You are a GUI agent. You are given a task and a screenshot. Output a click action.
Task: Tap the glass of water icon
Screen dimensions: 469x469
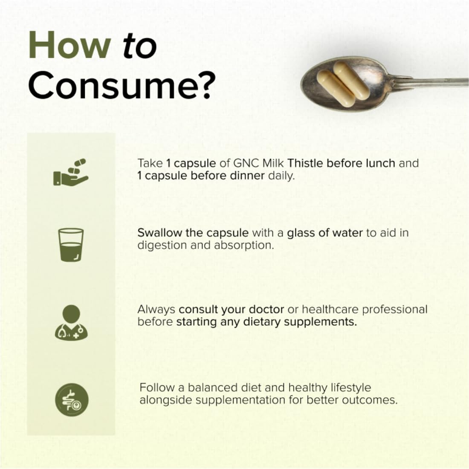[x=71, y=244]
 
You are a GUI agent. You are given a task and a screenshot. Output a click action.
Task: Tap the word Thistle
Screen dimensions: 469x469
[x=307, y=163]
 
